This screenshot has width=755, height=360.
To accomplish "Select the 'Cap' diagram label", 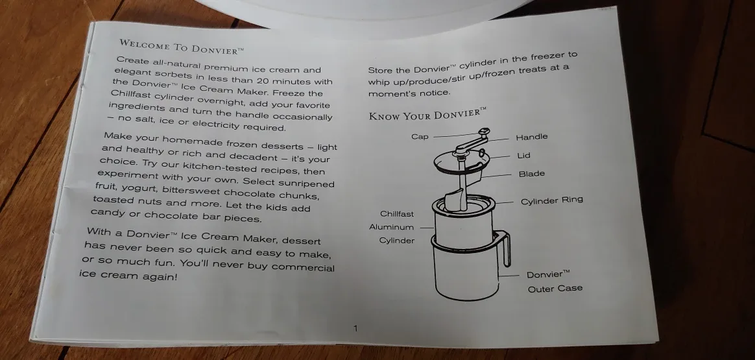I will pyautogui.click(x=420, y=137).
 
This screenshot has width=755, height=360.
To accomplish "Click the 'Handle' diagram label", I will pyautogui.click(x=531, y=137).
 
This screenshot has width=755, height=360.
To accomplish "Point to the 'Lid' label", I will pyautogui.click(x=523, y=156).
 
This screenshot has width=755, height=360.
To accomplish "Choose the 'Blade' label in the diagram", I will pyautogui.click(x=531, y=174).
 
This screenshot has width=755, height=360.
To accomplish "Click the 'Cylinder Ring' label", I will pyautogui.click(x=551, y=201).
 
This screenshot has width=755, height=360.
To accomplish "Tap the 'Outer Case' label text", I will pyautogui.click(x=555, y=289).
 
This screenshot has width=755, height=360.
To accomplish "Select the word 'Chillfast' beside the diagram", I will pyautogui.click(x=396, y=214).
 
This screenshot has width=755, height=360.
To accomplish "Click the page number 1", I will pyautogui.click(x=355, y=329).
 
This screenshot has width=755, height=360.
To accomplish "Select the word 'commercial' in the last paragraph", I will pyautogui.click(x=304, y=267).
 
